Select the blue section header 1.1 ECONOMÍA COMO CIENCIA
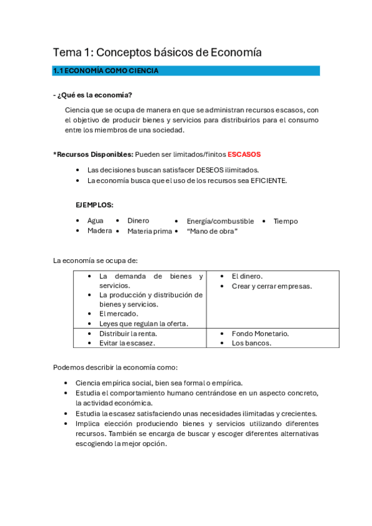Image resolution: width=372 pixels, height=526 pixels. (x=106, y=71)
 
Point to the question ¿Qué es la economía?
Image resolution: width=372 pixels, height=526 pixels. (x=95, y=94)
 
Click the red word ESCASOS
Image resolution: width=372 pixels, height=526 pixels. (x=244, y=154)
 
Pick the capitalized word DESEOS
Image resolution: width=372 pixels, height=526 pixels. (x=198, y=170)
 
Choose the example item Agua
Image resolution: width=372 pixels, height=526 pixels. (x=96, y=221)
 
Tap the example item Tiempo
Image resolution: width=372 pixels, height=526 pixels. (x=286, y=221)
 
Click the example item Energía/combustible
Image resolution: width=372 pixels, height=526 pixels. (x=220, y=221)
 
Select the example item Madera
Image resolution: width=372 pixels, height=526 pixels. (x=99, y=231)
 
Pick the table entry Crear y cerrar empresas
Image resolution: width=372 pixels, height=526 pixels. (x=271, y=286)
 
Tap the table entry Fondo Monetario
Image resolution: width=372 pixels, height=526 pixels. (x=260, y=333)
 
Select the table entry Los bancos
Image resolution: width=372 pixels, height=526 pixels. (x=251, y=342)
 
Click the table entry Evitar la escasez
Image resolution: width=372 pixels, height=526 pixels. (x=127, y=342)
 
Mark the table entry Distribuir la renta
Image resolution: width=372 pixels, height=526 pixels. (x=128, y=333)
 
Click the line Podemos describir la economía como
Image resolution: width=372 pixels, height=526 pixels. (x=115, y=367)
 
